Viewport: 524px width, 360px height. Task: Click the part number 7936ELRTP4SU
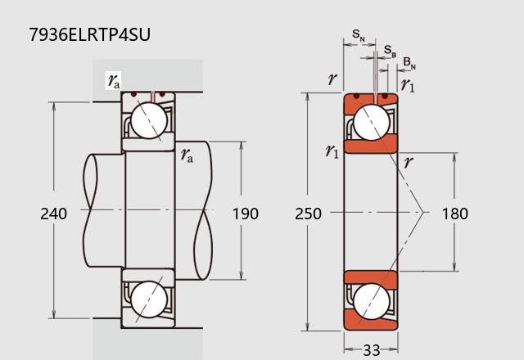click(89, 34)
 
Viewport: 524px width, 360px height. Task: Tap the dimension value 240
click(53, 214)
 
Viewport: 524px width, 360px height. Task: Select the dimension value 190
click(246, 214)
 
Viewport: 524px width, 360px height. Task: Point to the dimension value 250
click(308, 214)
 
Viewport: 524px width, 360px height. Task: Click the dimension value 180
click(455, 214)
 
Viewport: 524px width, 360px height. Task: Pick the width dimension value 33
click(371, 351)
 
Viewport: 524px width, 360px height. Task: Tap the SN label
click(359, 35)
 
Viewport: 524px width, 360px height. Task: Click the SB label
click(390, 51)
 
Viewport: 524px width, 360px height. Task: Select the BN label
click(409, 63)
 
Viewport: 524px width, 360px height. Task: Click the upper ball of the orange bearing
click(371, 122)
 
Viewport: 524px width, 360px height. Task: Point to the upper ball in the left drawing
click(149, 120)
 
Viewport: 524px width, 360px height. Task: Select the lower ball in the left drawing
click(149, 299)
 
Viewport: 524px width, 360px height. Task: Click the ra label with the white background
click(114, 81)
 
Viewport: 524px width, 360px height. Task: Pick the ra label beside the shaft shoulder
click(187, 155)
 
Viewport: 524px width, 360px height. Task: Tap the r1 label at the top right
click(408, 85)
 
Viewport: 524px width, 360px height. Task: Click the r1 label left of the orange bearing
click(332, 151)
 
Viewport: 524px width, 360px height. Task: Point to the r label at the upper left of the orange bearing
click(332, 79)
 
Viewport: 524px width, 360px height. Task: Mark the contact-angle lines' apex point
click(423, 212)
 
